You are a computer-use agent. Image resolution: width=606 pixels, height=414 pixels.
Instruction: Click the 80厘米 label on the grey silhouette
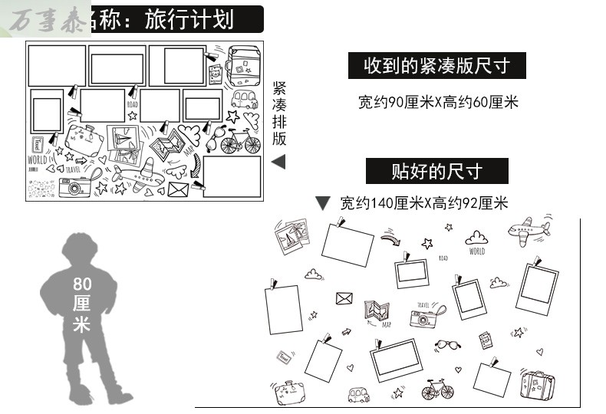coord(81,304)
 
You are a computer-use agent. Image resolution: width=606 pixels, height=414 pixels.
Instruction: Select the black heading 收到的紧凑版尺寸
coord(437,66)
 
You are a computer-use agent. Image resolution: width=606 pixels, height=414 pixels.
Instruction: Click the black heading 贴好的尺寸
coord(436,170)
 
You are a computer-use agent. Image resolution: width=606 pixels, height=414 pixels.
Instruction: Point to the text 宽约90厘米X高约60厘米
coord(438,100)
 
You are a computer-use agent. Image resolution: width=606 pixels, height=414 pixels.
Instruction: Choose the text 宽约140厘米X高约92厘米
coord(424,203)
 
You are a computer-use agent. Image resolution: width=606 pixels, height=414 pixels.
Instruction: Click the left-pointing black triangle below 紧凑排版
coord(278,162)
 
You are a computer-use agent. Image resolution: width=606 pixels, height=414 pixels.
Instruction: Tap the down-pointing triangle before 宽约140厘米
coord(323,203)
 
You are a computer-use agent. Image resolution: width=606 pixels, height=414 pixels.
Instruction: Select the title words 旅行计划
coord(189,18)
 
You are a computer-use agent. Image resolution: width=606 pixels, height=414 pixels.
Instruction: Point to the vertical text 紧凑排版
coord(279,113)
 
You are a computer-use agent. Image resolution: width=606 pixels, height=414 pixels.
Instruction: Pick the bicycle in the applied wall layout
coord(437,391)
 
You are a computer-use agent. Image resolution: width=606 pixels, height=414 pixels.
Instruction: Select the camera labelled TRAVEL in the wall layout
coord(423,317)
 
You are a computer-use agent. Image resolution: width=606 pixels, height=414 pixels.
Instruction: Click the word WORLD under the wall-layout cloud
coord(477,251)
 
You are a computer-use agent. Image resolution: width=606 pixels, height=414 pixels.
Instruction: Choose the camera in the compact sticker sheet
coord(74,186)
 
